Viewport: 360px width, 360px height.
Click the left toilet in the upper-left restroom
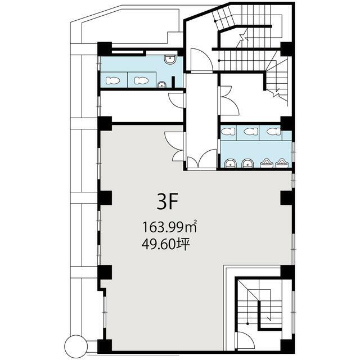112,80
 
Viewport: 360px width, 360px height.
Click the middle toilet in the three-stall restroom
249,132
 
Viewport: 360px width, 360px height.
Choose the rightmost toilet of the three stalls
272,132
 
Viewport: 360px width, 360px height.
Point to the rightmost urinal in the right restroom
281,163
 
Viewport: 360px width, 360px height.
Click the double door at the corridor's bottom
201,160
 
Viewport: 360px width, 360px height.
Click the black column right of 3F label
286,198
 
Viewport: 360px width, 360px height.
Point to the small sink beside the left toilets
161,85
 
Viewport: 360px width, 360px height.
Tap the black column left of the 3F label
105,198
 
